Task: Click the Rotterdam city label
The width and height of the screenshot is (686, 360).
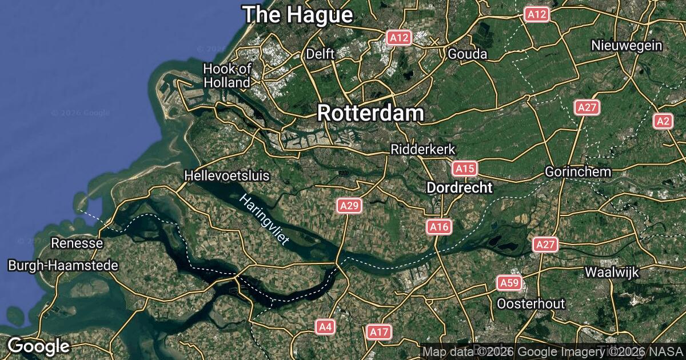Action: [x=370, y=113]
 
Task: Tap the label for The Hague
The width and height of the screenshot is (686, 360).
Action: [x=297, y=15]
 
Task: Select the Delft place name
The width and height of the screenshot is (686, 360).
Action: [x=320, y=54]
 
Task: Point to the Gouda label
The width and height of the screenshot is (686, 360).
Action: [x=467, y=54]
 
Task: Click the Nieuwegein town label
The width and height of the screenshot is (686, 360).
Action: [x=627, y=46]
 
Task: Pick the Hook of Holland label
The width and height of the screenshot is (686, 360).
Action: [x=227, y=75]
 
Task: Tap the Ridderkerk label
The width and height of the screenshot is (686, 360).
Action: [x=422, y=149]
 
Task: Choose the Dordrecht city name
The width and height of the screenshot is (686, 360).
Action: [x=460, y=188]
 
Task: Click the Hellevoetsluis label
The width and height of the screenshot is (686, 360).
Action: [x=227, y=175]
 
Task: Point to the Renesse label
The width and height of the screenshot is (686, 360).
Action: [x=77, y=243]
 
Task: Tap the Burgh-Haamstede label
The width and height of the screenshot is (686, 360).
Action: [x=63, y=266]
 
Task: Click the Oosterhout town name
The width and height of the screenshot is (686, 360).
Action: [x=531, y=303]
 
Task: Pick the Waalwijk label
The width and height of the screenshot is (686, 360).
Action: [x=611, y=272]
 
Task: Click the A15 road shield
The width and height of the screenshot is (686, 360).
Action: [x=464, y=169]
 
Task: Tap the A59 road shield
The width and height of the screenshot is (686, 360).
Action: [x=508, y=283]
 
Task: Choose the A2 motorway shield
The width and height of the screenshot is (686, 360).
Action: [x=663, y=121]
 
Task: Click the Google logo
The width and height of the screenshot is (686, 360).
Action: [x=38, y=346]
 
